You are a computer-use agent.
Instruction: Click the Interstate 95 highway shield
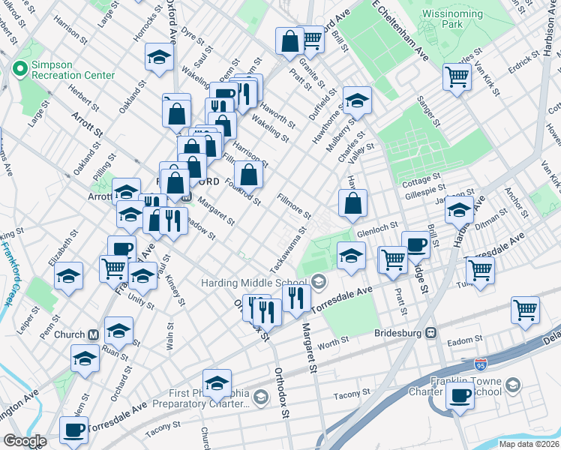480,364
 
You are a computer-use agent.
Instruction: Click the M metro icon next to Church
94,334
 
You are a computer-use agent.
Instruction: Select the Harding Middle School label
256,283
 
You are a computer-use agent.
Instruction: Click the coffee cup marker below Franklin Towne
459,396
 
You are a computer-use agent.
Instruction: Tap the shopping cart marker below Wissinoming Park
457,76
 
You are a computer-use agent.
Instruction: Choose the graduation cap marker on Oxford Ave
159,57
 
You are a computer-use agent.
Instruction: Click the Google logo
25,441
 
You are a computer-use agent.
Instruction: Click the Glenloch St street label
376,234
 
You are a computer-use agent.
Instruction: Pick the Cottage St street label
421,180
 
